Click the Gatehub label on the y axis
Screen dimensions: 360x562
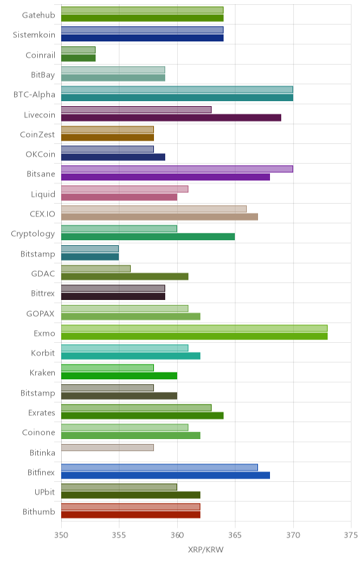click(39, 15)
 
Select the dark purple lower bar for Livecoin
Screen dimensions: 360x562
click(171, 117)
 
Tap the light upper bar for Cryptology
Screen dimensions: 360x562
click(119, 229)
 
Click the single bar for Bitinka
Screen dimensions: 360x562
click(108, 447)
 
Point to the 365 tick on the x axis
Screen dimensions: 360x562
click(235, 535)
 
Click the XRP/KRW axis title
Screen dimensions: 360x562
click(206, 550)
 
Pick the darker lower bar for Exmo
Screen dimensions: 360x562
click(194, 336)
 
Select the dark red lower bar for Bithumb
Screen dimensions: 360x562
click(131, 515)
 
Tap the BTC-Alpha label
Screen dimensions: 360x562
click(34, 95)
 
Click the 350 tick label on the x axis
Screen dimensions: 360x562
click(61, 535)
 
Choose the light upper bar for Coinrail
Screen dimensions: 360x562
click(78, 50)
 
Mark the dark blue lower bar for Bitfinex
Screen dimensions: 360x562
click(166, 476)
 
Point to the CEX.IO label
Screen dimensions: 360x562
click(42, 214)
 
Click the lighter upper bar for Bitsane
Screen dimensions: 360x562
click(177, 169)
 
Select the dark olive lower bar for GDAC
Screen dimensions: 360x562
click(124, 276)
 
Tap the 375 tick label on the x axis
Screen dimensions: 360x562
click(351, 535)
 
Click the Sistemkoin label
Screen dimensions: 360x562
click(34, 34)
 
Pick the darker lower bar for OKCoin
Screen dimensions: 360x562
click(113, 157)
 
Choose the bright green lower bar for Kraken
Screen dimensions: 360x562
click(119, 376)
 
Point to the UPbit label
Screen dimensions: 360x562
click(44, 492)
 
